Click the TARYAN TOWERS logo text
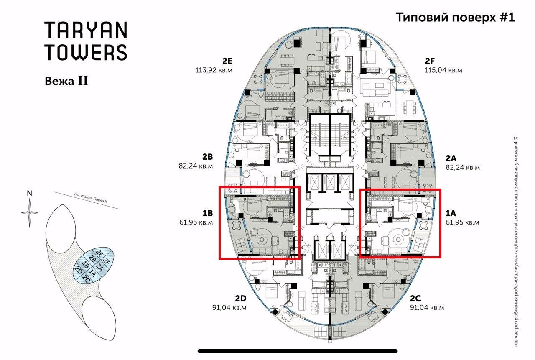[x=86, y=41]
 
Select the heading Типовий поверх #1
[x=455, y=18]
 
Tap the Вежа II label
[x=66, y=81]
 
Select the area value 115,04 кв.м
[x=443, y=70]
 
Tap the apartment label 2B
[x=208, y=157]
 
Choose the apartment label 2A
[x=451, y=158]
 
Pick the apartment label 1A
[x=451, y=212]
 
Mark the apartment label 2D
[x=240, y=298]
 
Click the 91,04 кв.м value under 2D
[x=229, y=308]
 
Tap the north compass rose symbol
[x=29, y=212]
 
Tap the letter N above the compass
[x=29, y=193]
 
